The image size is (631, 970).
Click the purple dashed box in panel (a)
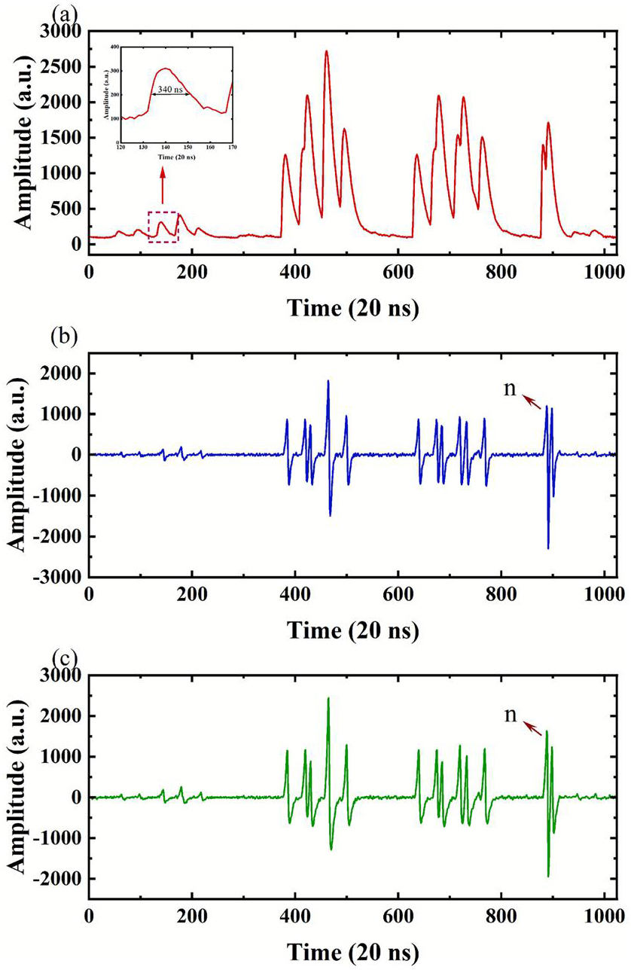tap(163, 227)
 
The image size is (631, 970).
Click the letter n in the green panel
tap(511, 715)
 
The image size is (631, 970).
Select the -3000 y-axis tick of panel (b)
tap(59, 577)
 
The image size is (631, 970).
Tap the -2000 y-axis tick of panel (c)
tap(59, 879)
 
